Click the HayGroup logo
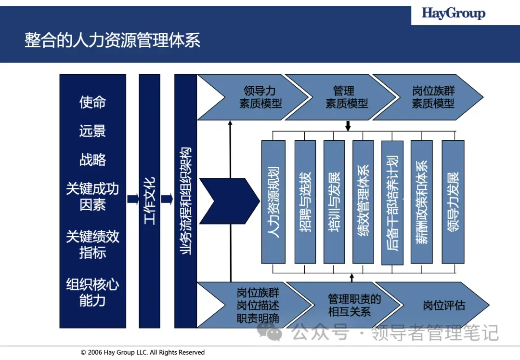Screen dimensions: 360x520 pyautogui.click(x=454, y=13)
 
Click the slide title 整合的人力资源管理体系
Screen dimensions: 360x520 pyautogui.click(x=112, y=40)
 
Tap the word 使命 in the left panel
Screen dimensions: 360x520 pyautogui.click(x=92, y=102)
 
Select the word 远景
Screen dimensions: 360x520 pyautogui.click(x=92, y=131)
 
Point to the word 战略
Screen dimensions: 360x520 pyautogui.click(x=92, y=160)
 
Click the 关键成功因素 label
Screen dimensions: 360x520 pyautogui.click(x=92, y=197)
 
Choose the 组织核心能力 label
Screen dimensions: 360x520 pyautogui.click(x=92, y=293)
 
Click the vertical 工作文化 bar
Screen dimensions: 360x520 pyautogui.click(x=149, y=201)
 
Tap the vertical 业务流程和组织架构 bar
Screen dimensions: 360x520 pyautogui.click(x=185, y=201)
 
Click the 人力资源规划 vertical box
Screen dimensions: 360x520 pyautogui.click(x=273, y=201)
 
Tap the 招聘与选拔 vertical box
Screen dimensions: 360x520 pyautogui.click(x=305, y=201)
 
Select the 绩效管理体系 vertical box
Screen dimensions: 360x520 pyautogui.click(x=363, y=201)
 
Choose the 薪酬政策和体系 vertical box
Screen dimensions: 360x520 pyautogui.click(x=421, y=201)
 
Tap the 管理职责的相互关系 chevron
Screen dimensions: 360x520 pyautogui.click(x=354, y=306)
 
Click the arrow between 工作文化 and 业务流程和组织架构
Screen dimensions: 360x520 pyautogui.click(x=167, y=199)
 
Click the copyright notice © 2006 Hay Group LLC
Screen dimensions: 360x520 pyautogui.click(x=143, y=352)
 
